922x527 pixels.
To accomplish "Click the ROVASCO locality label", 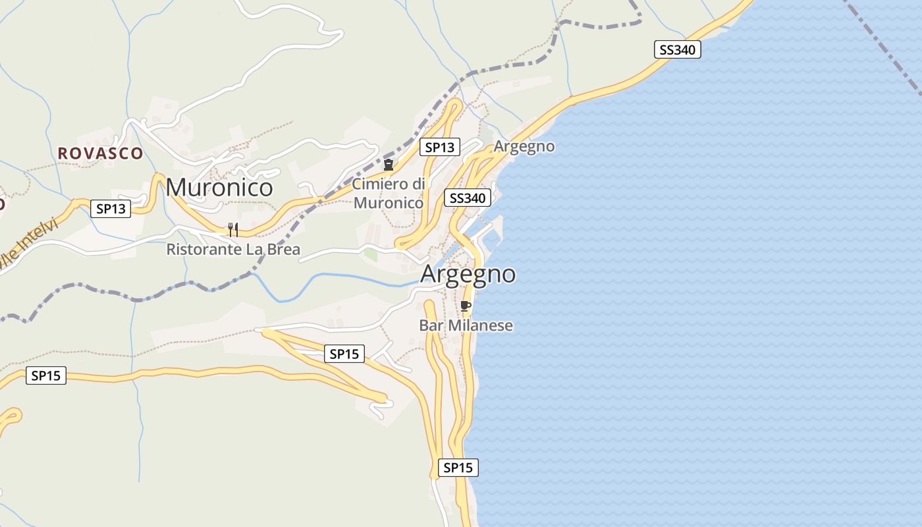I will [100, 153].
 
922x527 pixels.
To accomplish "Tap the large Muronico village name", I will [219, 188].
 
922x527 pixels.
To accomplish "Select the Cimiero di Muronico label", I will [389, 193].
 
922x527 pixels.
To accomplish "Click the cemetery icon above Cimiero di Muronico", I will [389, 164].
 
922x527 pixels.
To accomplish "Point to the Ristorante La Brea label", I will [233, 250].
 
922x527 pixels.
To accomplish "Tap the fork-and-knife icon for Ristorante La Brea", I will [232, 229].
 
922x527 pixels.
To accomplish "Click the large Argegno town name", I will [468, 273].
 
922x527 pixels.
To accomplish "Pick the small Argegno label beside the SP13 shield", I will [524, 146].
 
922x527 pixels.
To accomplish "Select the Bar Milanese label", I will [466, 325].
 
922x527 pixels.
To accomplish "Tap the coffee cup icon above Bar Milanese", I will [466, 306].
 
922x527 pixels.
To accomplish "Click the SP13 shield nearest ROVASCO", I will [111, 209].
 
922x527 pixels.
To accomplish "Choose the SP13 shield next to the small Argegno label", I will [440, 148].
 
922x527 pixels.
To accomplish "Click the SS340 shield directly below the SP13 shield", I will [468, 198].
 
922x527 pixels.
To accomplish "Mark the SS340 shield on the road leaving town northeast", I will [677, 49].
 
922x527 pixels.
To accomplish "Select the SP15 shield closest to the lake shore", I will [458, 468].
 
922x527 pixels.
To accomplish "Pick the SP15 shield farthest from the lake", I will [46, 375].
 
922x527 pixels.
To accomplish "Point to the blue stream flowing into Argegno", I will [329, 277].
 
